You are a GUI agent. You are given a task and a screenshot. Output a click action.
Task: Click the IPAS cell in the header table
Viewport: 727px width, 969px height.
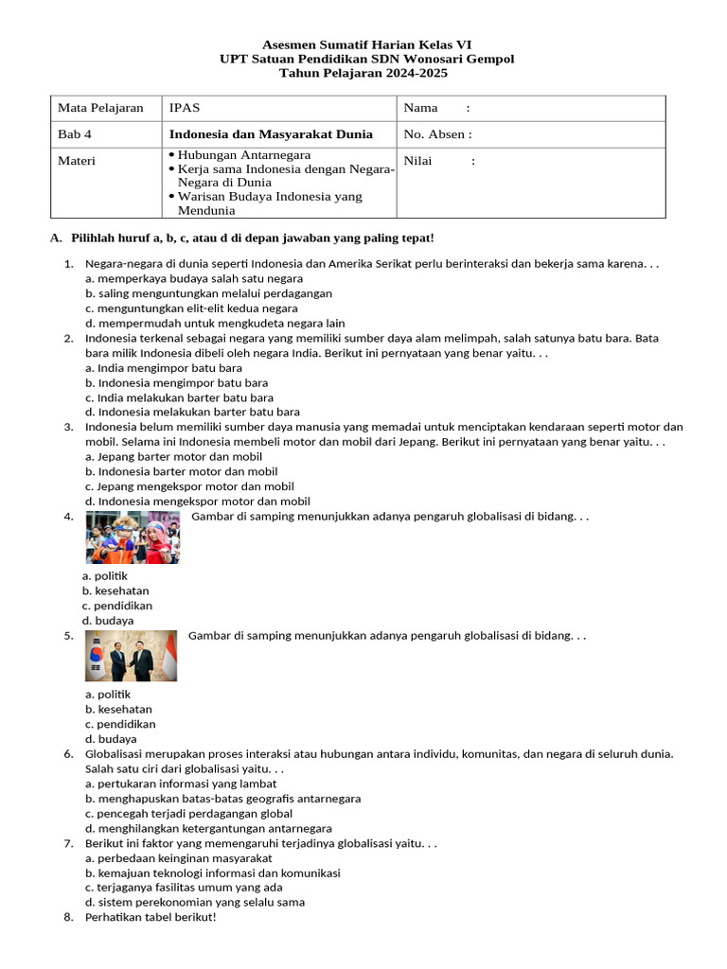[x=185, y=108]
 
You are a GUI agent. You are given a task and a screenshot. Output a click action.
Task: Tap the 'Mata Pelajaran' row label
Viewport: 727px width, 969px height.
[x=100, y=108]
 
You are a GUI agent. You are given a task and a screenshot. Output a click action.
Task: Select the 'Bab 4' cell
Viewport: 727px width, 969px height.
[x=77, y=134]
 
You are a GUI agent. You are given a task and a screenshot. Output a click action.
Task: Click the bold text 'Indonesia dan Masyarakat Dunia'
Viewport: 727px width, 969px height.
[x=271, y=134]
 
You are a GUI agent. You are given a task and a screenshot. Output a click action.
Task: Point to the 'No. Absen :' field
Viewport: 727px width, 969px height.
[x=437, y=134]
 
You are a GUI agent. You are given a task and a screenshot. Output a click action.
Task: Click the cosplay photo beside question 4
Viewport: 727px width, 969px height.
[x=133, y=537]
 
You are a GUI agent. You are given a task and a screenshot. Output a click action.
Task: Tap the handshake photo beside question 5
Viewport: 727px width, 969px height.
[x=131, y=656]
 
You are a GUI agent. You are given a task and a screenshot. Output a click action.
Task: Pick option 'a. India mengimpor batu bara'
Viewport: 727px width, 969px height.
[x=164, y=368]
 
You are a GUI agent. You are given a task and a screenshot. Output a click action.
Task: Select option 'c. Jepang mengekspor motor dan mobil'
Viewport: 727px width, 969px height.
[x=189, y=486]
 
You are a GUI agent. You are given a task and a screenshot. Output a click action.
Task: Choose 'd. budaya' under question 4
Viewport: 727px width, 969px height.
[x=108, y=621]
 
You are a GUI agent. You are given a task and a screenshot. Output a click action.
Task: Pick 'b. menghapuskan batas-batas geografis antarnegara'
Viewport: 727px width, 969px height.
[x=222, y=799]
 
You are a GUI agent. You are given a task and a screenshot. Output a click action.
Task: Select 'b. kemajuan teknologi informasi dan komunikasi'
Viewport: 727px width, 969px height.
[x=213, y=873]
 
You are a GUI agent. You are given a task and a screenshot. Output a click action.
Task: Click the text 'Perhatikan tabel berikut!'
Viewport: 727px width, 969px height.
[x=151, y=917]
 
